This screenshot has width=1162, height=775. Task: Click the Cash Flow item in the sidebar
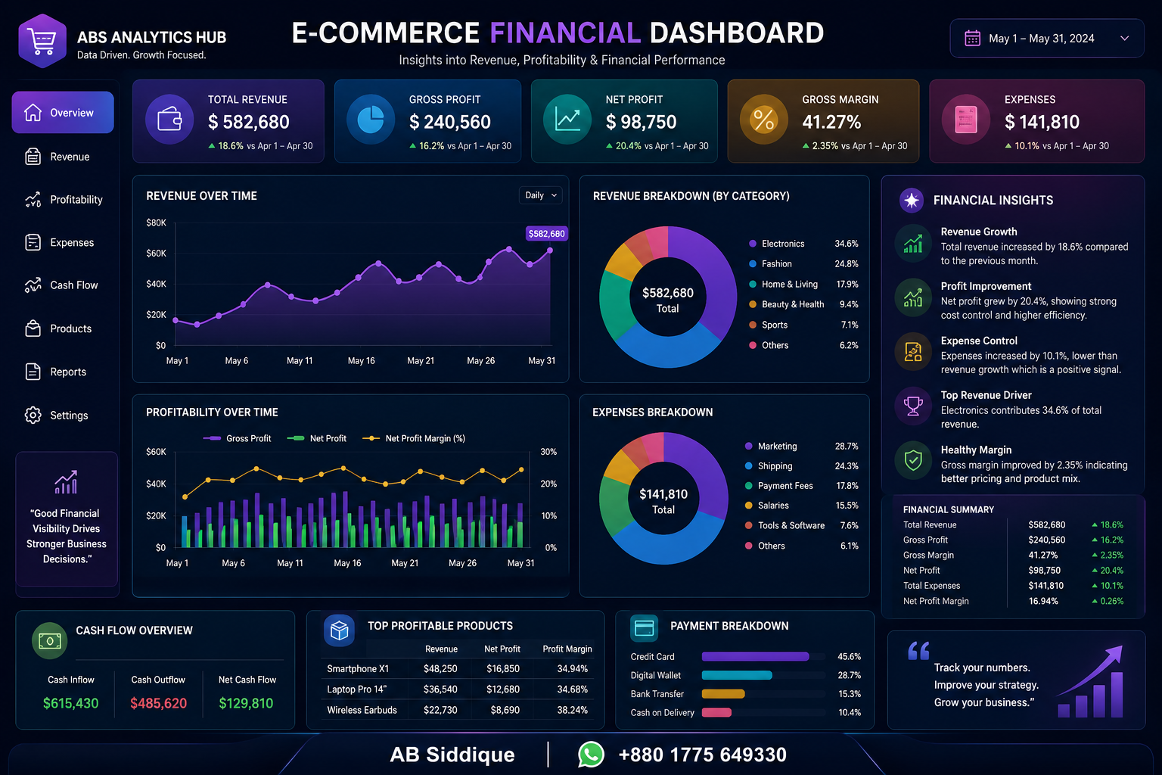pos(61,285)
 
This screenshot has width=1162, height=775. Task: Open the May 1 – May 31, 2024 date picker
pos(1047,39)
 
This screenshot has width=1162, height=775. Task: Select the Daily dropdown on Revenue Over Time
pos(541,195)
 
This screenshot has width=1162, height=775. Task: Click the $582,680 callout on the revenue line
pos(546,234)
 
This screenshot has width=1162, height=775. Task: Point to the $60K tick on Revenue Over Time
pos(156,254)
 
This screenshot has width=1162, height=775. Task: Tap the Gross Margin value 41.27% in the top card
pos(831,122)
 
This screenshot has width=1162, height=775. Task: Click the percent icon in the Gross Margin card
pos(763,120)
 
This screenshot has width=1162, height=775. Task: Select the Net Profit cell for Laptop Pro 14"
pos(502,689)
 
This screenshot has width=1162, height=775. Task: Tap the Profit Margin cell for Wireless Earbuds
pos(572,710)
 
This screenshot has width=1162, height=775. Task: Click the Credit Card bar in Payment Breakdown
pos(755,657)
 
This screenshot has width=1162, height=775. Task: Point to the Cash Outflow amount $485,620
pos(158,703)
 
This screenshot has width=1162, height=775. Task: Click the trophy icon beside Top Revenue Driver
pos(913,406)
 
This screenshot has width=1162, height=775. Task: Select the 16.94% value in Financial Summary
pos(1043,601)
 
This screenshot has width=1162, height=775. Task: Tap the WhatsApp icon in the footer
pos(591,755)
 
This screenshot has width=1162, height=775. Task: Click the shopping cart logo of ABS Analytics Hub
pos(42,41)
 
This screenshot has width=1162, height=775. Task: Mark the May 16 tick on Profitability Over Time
pos(347,563)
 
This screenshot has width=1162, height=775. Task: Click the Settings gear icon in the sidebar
pos(33,416)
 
